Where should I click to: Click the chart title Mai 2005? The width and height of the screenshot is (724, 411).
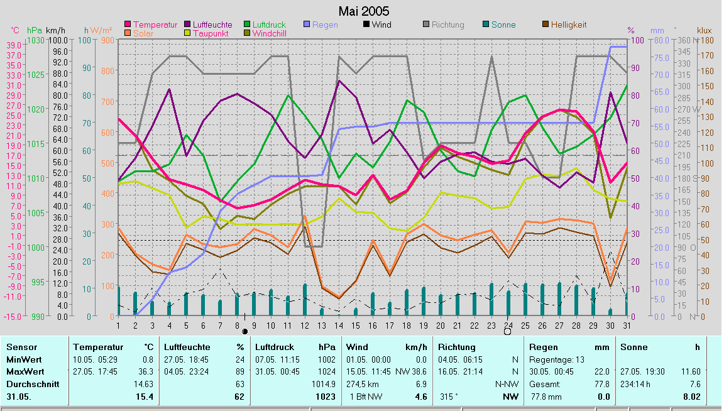click(x=363, y=11)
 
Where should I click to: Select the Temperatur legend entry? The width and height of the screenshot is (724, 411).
click(x=155, y=25)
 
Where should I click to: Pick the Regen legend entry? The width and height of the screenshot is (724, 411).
click(x=324, y=25)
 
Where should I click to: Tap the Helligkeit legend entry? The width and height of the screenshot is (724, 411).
click(x=568, y=25)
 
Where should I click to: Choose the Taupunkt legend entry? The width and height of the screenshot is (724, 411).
click(x=214, y=33)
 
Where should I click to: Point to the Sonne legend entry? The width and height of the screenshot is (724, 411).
click(x=503, y=25)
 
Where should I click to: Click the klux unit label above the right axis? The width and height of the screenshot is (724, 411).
click(x=705, y=30)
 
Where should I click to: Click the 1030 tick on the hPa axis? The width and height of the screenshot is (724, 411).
click(x=36, y=40)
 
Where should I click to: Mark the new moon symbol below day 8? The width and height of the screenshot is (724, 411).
click(x=244, y=331)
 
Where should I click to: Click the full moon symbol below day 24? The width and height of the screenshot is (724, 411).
click(x=508, y=331)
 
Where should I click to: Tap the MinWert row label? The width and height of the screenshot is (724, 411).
click(x=23, y=359)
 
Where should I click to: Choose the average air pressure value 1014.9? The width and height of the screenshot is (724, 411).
click(x=324, y=383)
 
